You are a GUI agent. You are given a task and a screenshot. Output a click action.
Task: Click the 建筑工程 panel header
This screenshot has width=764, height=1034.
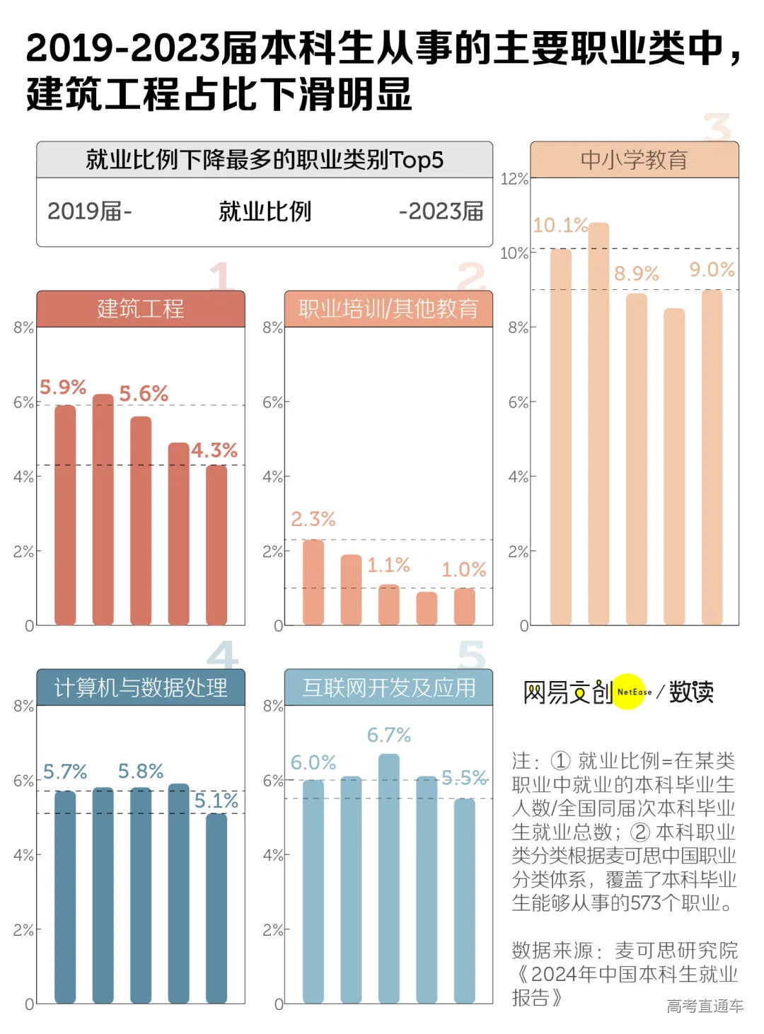click(x=140, y=309)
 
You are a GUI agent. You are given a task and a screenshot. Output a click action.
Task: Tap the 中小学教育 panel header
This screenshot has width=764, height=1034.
click(x=634, y=160)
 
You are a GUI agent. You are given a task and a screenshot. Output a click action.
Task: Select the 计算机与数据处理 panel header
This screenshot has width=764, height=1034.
click(x=140, y=687)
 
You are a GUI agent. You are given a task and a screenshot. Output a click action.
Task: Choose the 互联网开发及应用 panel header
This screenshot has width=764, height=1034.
click(x=388, y=687)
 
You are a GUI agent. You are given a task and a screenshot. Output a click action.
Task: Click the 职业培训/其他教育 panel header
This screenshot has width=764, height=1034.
click(x=388, y=309)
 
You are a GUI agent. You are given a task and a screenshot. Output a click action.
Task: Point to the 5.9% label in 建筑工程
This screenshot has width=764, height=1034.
click(x=63, y=388)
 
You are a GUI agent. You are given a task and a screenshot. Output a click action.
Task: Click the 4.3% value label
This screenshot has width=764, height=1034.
click(x=214, y=451)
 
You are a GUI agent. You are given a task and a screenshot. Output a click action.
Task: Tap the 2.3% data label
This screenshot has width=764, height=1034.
click(x=313, y=519)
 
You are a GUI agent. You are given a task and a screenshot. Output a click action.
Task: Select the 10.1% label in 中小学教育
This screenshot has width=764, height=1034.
click(x=560, y=226)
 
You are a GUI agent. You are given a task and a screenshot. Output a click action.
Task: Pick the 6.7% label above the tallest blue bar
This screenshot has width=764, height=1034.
click(x=388, y=736)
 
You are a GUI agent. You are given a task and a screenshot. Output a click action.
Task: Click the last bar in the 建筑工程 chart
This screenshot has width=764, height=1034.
click(x=216, y=545)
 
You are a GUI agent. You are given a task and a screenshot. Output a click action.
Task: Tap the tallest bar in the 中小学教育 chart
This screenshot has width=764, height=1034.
click(x=598, y=424)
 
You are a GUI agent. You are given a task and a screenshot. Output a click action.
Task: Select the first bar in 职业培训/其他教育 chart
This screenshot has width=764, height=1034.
click(x=313, y=583)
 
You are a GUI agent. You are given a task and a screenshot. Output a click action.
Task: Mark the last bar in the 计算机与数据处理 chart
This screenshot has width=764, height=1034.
click(x=216, y=908)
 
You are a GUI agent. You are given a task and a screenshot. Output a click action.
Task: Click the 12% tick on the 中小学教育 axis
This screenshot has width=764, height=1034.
click(x=514, y=179)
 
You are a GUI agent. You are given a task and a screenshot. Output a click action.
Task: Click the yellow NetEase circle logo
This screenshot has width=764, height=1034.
click(x=630, y=692)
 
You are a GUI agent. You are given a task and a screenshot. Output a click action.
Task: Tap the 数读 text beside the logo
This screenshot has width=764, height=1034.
click(x=691, y=692)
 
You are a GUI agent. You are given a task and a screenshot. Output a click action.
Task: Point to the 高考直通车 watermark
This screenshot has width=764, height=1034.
click(x=705, y=1006)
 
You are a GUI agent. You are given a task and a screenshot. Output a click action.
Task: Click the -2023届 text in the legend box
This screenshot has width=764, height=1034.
click(x=441, y=211)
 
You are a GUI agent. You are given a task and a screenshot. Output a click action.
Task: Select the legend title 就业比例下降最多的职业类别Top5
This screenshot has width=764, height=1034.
click(x=265, y=160)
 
